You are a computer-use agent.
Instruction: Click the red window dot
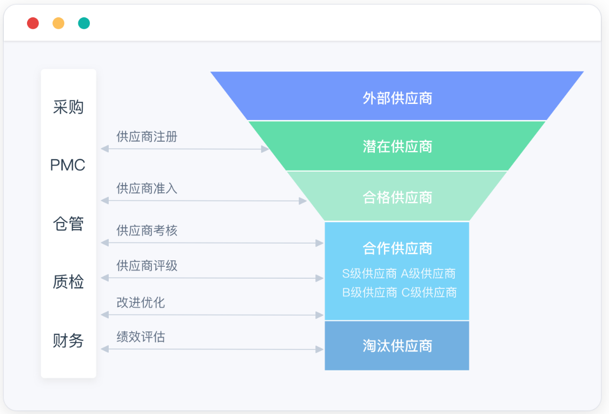pos(33,23)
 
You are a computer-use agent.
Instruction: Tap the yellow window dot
pos(58,23)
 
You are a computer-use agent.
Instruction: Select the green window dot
pos(84,23)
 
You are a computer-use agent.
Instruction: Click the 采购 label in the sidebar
pos(68,107)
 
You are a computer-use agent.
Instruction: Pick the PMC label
pos(68,165)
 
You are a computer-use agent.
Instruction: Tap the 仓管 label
pos(68,224)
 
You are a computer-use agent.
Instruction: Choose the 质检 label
pos(68,282)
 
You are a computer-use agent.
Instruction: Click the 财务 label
pos(68,341)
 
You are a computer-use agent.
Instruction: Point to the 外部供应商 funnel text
pos(398,98)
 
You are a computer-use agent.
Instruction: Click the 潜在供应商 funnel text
pos(398,147)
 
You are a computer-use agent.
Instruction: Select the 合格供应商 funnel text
pos(398,197)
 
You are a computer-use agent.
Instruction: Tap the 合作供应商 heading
pos(398,248)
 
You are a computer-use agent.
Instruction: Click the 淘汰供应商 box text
pos(398,346)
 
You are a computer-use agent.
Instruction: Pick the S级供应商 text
pos(369,274)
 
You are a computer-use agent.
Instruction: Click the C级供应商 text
pos(429,293)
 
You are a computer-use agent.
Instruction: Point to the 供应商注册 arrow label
pos(147,137)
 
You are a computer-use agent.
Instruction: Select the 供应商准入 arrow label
pos(147,188)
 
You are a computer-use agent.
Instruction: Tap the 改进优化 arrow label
pos(141,303)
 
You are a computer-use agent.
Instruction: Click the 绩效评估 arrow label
pos(141,337)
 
